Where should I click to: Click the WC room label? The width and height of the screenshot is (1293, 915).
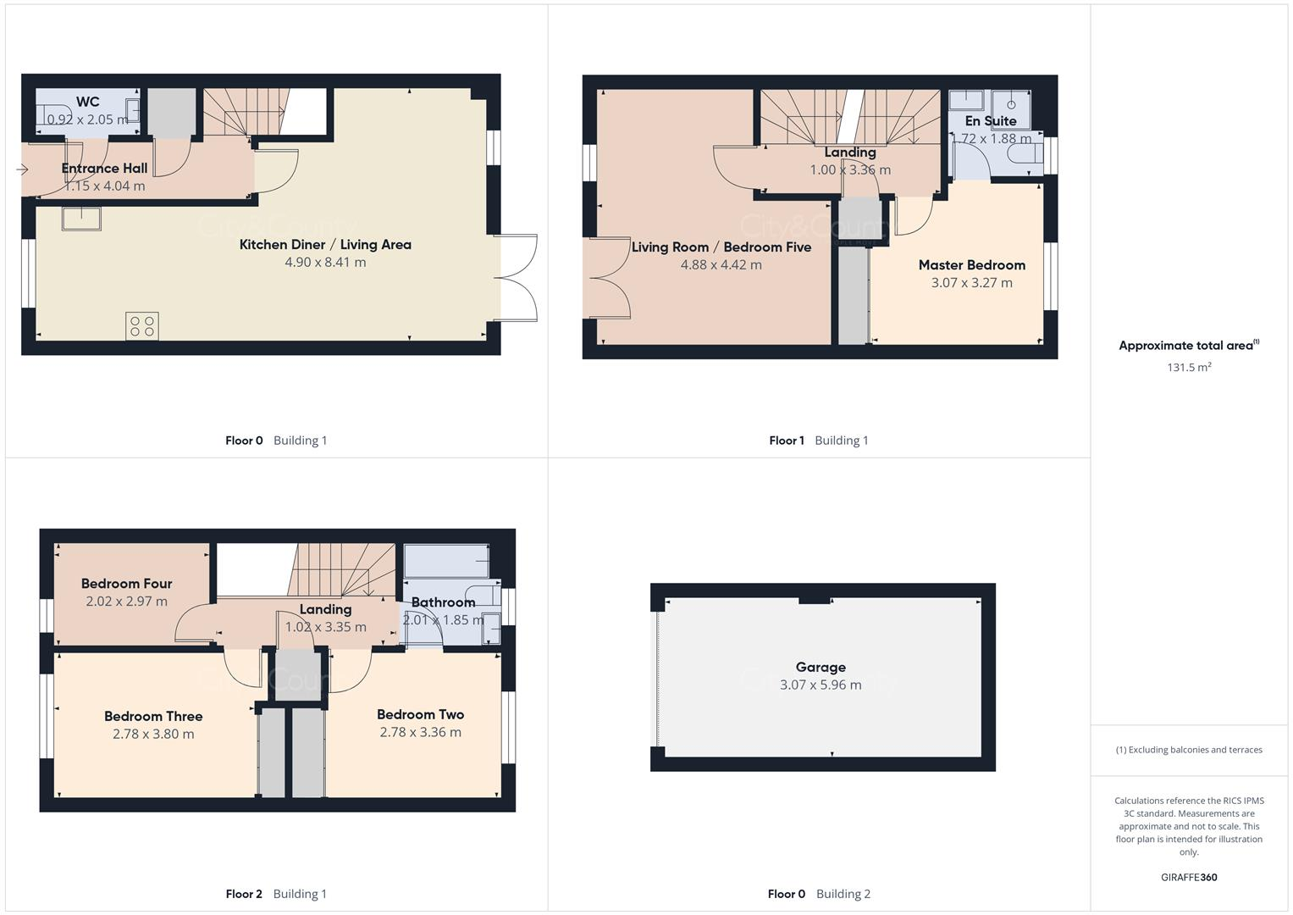[87, 102]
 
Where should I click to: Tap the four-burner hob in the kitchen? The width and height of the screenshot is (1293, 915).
[141, 326]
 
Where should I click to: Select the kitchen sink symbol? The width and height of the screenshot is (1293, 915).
[81, 219]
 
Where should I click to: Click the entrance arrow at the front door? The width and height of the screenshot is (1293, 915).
[22, 170]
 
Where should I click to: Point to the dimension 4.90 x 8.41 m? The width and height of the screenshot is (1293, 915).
[325, 263]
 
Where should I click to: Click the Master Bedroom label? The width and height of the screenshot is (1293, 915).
[971, 265]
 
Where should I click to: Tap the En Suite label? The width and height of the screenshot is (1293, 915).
[990, 121]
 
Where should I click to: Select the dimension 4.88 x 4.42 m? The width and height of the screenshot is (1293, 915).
[721, 265]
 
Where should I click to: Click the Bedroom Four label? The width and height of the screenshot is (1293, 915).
[126, 584]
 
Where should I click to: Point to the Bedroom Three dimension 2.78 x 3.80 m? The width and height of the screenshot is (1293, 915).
[153, 735]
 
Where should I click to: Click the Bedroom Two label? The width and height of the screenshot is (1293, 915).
[420, 715]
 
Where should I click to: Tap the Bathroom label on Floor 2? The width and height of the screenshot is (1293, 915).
[443, 602]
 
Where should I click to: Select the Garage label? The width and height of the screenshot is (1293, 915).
[821, 668]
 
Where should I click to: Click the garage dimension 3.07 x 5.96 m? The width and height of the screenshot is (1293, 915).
[821, 685]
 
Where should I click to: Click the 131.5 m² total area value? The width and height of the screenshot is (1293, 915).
[1189, 368]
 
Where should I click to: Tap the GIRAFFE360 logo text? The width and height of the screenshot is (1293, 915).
[1189, 878]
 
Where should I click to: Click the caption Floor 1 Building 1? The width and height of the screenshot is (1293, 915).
[818, 441]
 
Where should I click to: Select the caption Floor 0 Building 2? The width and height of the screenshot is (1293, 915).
[818, 894]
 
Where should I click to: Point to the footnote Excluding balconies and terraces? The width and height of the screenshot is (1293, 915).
[1189, 750]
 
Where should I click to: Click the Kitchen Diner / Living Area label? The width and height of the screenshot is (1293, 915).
[325, 245]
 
